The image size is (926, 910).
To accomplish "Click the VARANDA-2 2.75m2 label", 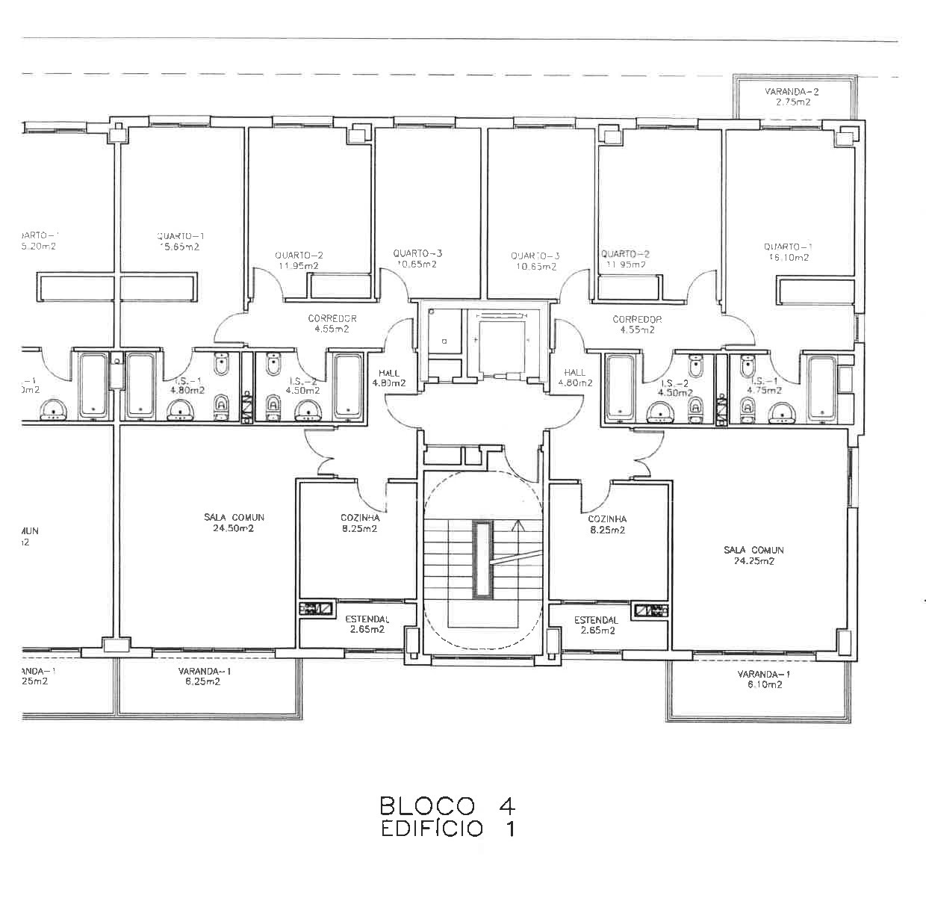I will tap(792, 97).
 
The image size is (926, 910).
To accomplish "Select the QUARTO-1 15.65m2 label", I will tap(180, 241).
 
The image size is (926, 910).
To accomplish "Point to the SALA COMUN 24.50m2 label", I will tap(234, 523).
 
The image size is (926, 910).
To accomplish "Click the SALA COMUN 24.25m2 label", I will tap(753, 555).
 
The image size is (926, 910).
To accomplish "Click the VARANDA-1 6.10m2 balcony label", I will tap(763, 679).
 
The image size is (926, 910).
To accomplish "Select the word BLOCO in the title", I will tap(427, 806).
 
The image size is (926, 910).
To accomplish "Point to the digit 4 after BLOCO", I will tap(506, 806).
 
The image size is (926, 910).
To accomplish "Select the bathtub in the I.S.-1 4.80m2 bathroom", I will tap(140, 385).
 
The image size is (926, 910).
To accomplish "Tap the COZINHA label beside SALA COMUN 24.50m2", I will tap(360, 523).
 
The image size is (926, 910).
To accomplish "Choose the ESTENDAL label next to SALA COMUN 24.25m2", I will tap(596, 625).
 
